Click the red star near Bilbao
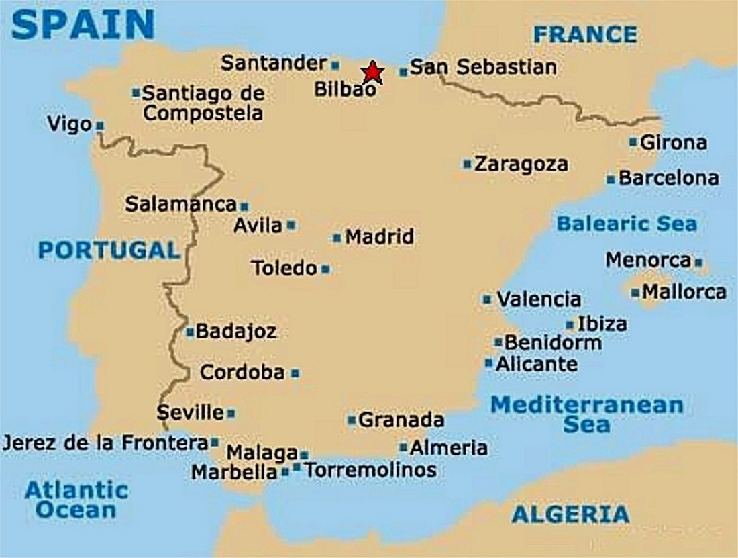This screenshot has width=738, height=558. tap(372, 71)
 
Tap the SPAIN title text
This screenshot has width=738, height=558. tap(82, 24)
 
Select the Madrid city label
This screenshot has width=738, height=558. tap(379, 237)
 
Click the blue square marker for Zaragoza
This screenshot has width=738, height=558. tap(467, 164)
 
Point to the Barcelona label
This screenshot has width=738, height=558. tap(668, 179)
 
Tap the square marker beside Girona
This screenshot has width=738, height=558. tap(633, 142)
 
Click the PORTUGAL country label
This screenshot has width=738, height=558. tap(109, 250)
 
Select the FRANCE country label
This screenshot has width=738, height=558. tap(584, 34)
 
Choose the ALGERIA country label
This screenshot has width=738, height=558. tap(570, 515)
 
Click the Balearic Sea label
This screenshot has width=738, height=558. tap(627, 224)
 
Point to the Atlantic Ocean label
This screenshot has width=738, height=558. tap(76, 500)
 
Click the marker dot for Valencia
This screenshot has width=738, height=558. tap(487, 299)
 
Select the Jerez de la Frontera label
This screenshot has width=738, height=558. tap(105, 443)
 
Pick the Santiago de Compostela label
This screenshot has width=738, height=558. tap(203, 103)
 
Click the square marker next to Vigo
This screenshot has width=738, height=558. tap(100, 125)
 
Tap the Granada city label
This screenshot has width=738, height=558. tap(401, 420)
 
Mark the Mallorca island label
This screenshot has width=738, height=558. tap(684, 292)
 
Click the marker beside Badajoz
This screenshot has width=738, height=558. tap(190, 332)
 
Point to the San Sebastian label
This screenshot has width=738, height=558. tap(482, 67)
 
